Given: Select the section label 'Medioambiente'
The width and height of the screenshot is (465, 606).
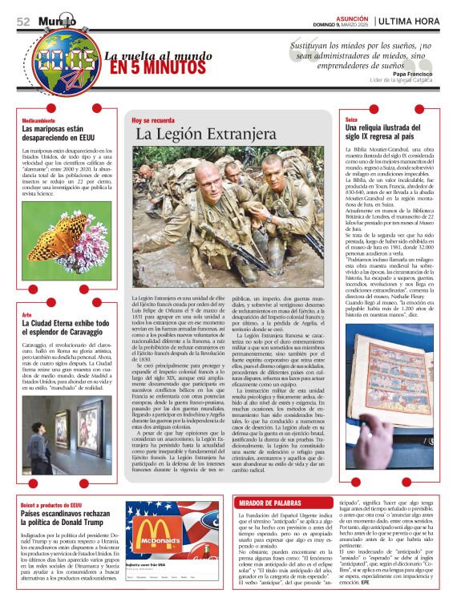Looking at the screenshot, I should click(39, 119).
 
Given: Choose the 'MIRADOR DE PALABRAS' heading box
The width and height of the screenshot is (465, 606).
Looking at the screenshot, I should click(273, 503).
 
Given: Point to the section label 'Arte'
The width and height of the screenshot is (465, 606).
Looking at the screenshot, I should click(27, 314).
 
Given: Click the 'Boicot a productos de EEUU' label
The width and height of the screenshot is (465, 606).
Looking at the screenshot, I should click(51, 505).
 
